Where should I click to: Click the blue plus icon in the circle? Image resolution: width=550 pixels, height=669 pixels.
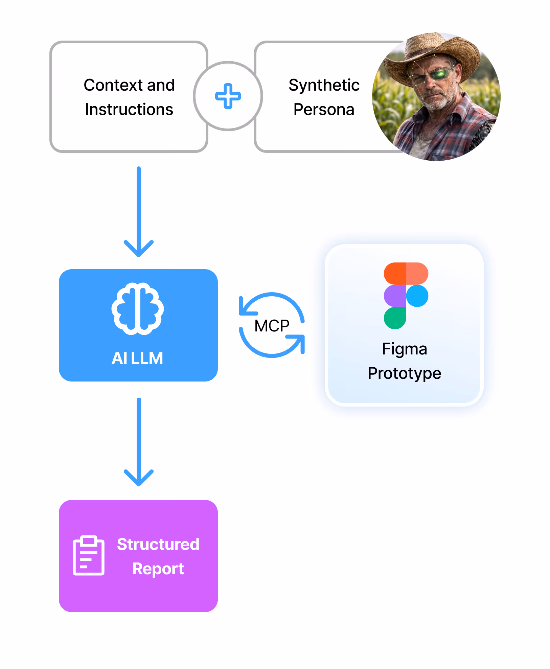(x=228, y=96)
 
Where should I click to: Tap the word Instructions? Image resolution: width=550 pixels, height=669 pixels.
(x=129, y=109)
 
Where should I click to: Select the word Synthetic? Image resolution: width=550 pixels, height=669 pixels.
(x=324, y=85)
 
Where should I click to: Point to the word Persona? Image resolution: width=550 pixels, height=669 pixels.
(x=324, y=109)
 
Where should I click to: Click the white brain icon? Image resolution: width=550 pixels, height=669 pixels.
(x=138, y=308)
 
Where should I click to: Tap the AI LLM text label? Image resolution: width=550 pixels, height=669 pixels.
(x=137, y=358)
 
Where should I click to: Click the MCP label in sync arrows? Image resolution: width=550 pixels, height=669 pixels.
(x=272, y=326)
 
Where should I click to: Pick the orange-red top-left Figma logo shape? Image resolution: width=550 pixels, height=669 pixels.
(x=395, y=273)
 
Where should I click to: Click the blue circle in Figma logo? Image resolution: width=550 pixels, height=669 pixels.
(x=417, y=296)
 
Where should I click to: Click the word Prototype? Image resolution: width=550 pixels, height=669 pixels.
(x=404, y=373)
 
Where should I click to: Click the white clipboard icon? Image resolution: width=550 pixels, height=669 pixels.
(x=89, y=555)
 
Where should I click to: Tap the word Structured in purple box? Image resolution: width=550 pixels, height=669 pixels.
(x=158, y=544)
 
